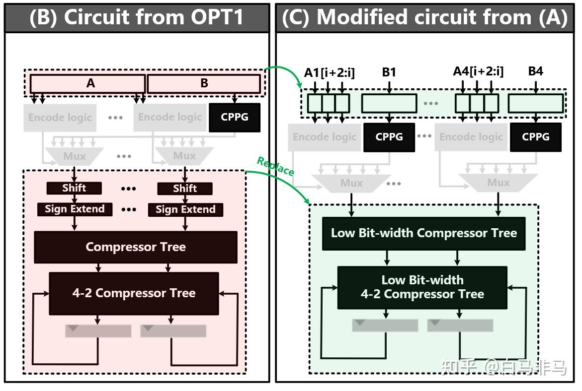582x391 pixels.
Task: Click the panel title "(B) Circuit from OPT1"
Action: pos(137,18)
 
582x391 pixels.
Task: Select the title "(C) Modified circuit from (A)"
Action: pos(424,18)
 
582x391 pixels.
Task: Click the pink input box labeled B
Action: pos(204,83)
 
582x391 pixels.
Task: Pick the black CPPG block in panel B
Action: pos(234,118)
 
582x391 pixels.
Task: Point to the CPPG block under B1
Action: pos(389,137)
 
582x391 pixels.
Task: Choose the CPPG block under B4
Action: pos(535,137)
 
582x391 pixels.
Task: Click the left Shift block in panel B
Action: pos(74,188)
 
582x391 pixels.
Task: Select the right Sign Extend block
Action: pos(185,209)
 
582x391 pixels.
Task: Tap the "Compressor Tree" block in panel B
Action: pos(135,247)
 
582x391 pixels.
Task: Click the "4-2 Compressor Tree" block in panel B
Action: pos(134,293)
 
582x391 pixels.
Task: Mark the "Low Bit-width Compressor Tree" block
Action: pos(423,233)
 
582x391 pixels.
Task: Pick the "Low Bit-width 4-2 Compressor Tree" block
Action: pos(422,288)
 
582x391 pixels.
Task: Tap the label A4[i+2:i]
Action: pos(478,71)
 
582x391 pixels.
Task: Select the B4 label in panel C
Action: pos(535,71)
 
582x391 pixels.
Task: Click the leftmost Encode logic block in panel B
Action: pos(60,118)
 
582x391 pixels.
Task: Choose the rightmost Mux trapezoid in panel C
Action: pos(498,183)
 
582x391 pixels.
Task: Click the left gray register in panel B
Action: pos(98,330)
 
